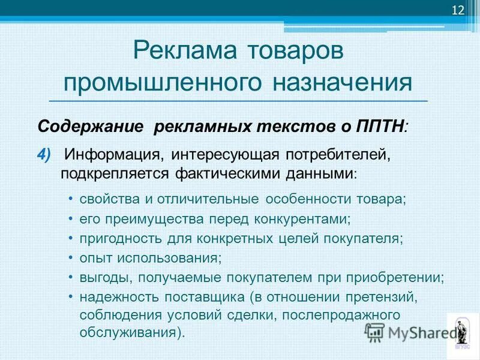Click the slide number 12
458,10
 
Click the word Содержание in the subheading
91,127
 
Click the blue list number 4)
44,155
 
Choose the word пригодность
115,238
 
